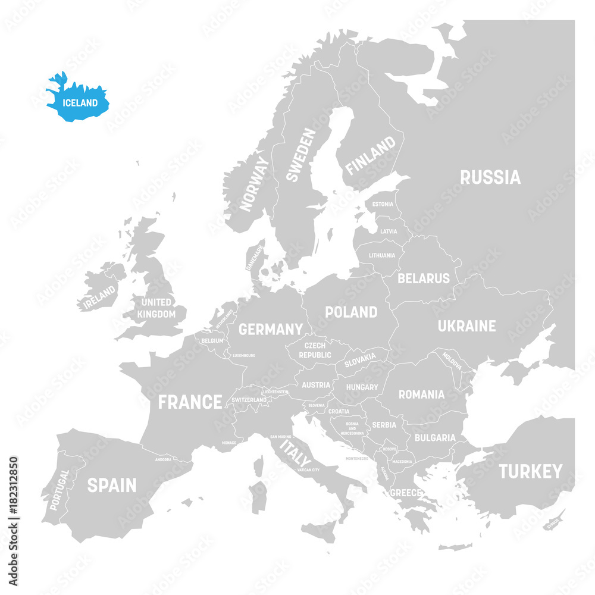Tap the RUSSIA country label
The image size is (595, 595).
click(x=490, y=177)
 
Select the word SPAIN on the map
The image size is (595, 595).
click(x=112, y=486)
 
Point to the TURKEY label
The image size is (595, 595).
click(x=530, y=472)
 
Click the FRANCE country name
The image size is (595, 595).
click(x=190, y=402)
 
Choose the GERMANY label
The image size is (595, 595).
click(x=271, y=329)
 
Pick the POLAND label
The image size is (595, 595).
click(x=350, y=312)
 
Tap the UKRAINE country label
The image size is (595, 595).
click(x=466, y=326)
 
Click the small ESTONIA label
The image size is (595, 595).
click(x=383, y=204)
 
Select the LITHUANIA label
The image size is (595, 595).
click(x=381, y=255)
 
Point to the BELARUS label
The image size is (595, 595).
click(x=424, y=278)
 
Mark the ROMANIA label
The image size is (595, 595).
click(x=421, y=394)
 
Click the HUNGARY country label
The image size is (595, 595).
click(x=362, y=387)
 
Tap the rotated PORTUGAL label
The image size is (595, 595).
click(x=59, y=490)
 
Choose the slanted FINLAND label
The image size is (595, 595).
click(x=370, y=156)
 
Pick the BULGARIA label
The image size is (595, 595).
click(x=435, y=437)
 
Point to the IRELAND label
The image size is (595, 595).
click(x=99, y=296)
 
